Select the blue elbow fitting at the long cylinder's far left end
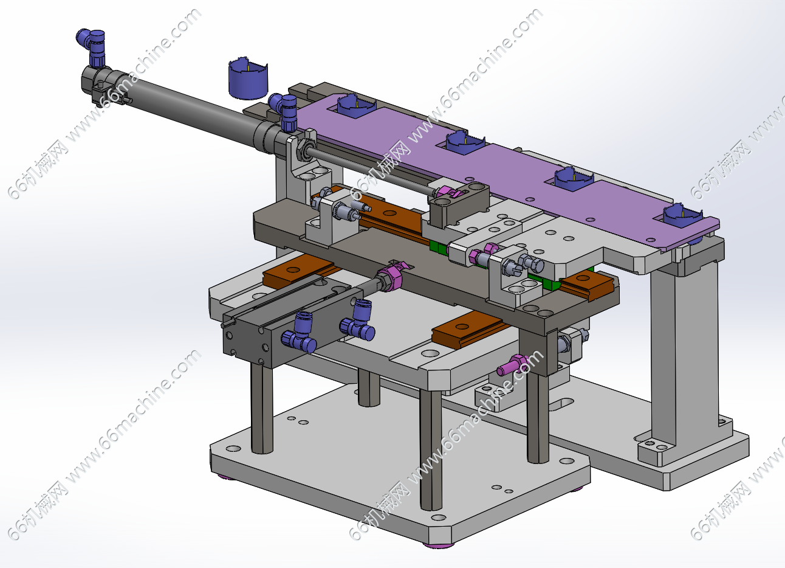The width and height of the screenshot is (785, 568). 92,47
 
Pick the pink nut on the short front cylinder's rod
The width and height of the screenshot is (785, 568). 391,278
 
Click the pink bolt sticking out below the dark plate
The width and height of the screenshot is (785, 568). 511,365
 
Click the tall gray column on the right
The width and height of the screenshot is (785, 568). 683,355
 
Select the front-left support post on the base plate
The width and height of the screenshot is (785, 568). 262,407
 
